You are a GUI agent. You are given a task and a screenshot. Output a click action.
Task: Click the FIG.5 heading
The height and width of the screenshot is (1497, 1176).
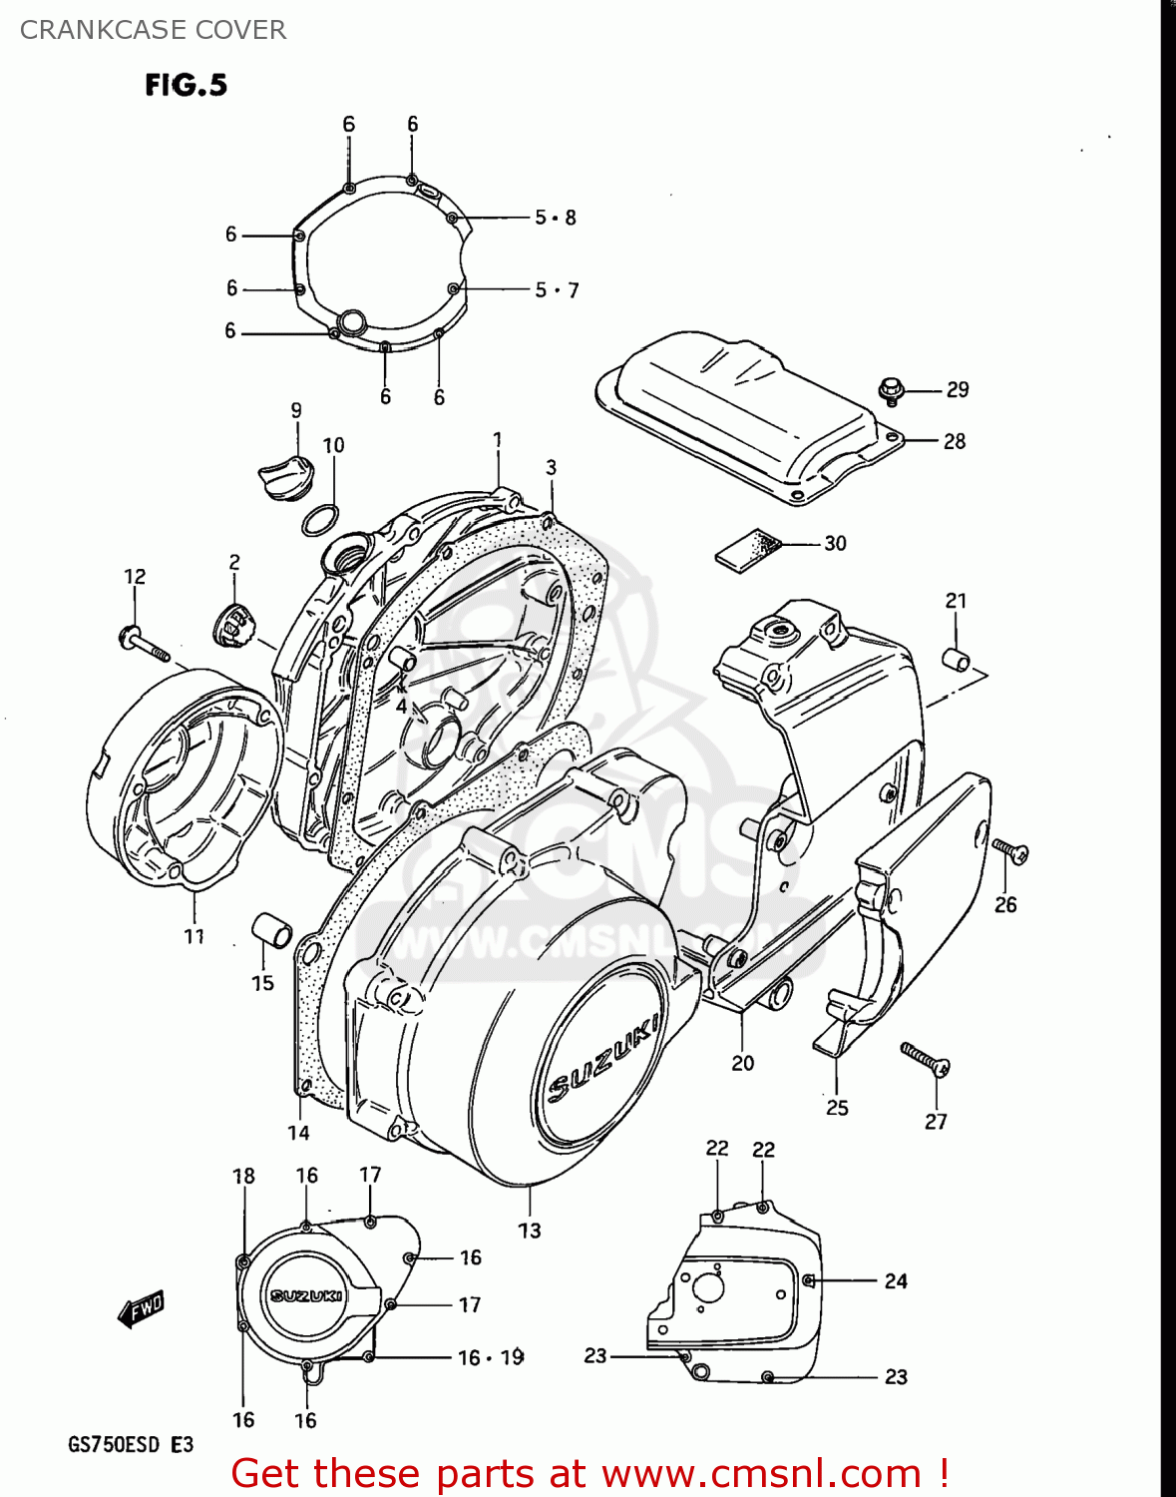coord(186,85)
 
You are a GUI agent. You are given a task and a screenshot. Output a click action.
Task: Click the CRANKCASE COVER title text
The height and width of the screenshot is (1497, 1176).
coord(153,30)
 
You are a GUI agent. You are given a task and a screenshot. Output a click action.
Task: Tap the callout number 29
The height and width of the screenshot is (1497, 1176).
coord(957,390)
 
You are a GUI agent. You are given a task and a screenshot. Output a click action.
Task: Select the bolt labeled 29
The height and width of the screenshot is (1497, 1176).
coord(890,390)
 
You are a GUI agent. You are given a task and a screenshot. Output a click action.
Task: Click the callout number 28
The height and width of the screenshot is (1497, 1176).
coord(954,441)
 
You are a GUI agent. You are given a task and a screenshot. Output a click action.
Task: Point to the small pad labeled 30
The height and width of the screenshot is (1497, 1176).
coord(746,547)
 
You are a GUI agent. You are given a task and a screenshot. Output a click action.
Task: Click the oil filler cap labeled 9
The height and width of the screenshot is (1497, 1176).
coord(284,471)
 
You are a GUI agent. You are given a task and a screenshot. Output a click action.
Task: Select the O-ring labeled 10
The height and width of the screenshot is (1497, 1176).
coord(319,520)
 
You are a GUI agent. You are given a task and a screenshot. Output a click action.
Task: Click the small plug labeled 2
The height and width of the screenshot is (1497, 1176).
coord(234,626)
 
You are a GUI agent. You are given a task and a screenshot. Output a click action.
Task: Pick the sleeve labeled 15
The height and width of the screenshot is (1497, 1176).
coord(271,929)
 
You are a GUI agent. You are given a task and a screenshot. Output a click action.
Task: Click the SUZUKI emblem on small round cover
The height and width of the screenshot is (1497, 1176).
coord(306,1295)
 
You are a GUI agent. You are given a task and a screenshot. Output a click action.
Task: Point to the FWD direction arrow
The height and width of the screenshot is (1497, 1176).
coord(141,1308)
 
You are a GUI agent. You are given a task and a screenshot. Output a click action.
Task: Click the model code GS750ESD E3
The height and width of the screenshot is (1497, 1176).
coord(130,1444)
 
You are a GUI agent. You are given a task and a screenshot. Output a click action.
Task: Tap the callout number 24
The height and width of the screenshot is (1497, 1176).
coord(895,1280)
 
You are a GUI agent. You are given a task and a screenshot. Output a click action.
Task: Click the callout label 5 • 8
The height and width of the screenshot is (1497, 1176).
coord(555,217)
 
